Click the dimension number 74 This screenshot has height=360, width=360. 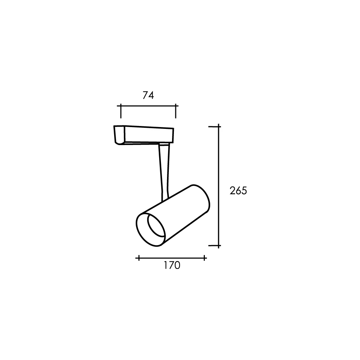[148, 95]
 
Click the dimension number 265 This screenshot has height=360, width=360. [238, 191]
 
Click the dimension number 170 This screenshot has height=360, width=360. [172, 265]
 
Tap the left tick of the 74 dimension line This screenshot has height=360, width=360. [121, 111]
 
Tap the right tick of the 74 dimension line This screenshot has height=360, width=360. [176, 111]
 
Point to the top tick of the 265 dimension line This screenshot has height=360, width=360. [215, 126]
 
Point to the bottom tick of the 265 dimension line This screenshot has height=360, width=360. [215, 246]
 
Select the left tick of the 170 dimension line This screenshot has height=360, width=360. [139, 258]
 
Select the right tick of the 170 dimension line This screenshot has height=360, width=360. [204, 258]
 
